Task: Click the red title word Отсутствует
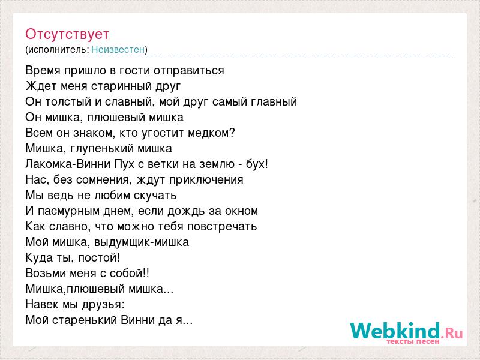coord(67,34)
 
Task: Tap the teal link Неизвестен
coord(118,49)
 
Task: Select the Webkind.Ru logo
coord(407,333)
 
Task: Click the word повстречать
coord(221,227)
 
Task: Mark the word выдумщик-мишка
coord(141,242)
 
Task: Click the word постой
coord(97,258)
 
